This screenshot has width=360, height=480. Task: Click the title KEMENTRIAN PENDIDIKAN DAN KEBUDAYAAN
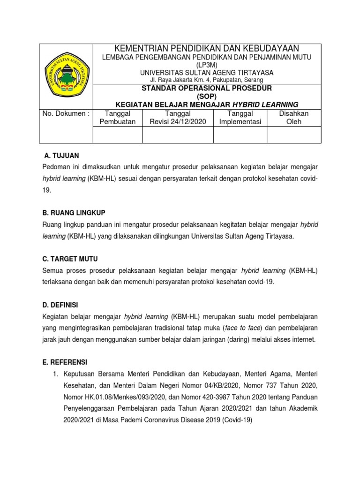tap(207, 49)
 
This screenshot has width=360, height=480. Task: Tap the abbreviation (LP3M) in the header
tap(207, 65)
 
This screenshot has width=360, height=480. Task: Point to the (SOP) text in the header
tap(207, 96)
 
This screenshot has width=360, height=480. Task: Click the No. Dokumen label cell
tap(66, 114)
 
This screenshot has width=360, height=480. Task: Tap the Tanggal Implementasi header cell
tap(240, 118)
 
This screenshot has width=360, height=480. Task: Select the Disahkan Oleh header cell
tap(294, 118)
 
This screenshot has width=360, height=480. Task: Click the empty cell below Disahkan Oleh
tap(294, 134)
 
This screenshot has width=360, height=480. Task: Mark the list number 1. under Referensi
tap(55, 374)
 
